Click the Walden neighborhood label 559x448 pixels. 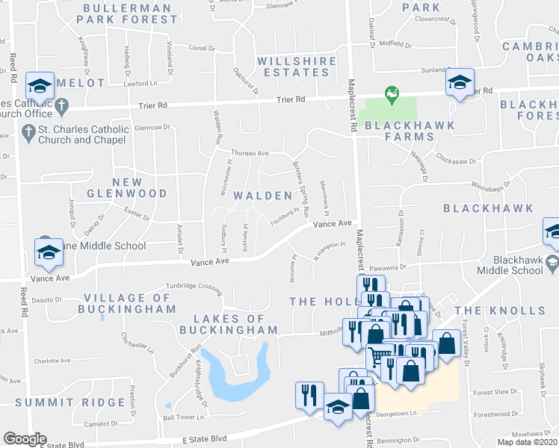[x=262, y=196]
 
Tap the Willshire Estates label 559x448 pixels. [x=293, y=66]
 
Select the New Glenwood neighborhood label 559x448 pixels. [x=138, y=187]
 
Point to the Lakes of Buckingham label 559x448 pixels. [x=228, y=324]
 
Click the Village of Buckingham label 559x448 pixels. [x=130, y=303]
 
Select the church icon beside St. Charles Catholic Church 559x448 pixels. [x=28, y=134]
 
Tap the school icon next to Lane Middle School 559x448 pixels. [x=49, y=254]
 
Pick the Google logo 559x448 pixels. [x=25, y=439]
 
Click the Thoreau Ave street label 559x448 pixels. [x=250, y=153]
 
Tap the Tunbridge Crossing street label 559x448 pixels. [x=194, y=286]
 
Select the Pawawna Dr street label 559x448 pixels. [x=386, y=267]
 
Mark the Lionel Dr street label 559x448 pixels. [x=201, y=48]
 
